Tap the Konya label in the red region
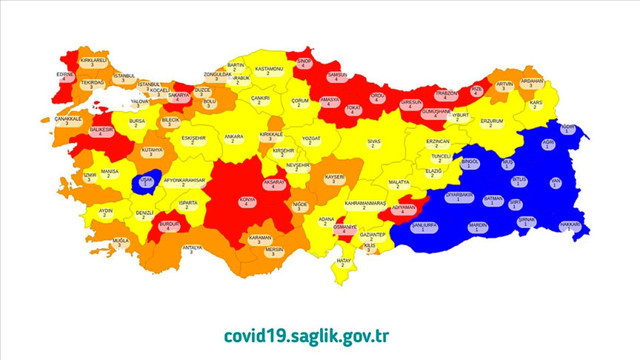(246, 201)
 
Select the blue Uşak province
(147, 181)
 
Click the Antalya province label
(192, 248)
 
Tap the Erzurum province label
(491, 122)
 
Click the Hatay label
(345, 262)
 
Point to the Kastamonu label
(271, 70)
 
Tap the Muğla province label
(122, 242)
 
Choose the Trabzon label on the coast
(446, 94)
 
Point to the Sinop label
(305, 61)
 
